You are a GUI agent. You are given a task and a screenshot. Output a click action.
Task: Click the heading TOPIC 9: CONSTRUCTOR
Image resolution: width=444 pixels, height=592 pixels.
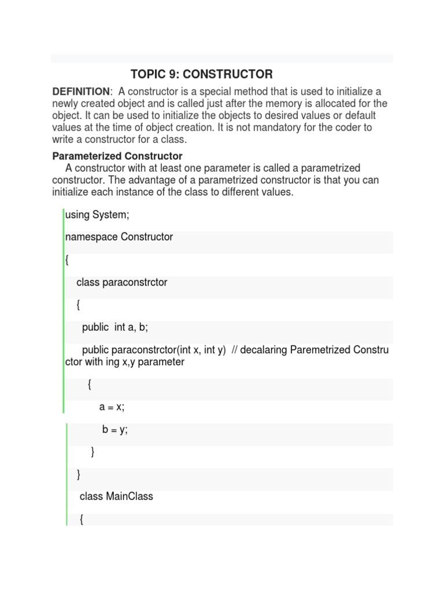201,74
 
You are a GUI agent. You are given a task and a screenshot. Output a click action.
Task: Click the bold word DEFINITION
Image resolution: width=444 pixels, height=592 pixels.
80,92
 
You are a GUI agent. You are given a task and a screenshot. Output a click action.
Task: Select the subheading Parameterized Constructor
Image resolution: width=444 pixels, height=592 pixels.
117,156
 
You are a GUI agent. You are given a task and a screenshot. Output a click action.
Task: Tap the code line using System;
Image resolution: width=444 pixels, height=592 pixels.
97,215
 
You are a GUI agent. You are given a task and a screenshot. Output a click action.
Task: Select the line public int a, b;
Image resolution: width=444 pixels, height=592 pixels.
115,327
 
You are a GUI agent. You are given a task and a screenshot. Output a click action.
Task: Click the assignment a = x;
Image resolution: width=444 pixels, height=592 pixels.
112,407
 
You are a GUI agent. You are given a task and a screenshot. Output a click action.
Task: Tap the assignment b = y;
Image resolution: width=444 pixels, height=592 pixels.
114,430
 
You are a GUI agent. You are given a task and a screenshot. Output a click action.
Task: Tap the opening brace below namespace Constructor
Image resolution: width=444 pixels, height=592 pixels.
67,260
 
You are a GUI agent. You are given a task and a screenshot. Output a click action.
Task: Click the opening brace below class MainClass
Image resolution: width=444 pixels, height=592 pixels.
81,520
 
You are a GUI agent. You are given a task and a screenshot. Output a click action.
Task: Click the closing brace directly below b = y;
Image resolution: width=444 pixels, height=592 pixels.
93,452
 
